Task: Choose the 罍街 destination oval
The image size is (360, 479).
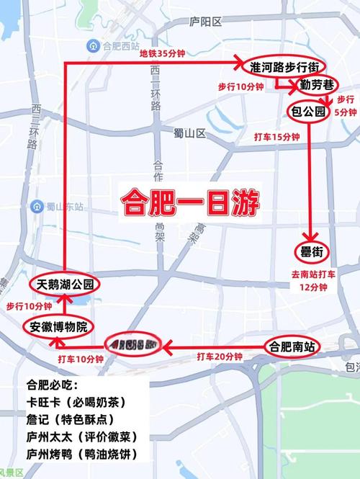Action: click(x=310, y=251)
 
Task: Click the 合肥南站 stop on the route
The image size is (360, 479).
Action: click(x=292, y=346)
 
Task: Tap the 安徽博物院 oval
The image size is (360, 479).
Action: click(x=58, y=327)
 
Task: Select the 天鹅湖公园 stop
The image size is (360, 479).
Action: click(x=65, y=283)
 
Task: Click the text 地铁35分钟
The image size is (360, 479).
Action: click(x=163, y=53)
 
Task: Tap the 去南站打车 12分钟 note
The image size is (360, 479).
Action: click(x=310, y=281)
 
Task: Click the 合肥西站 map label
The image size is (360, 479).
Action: click(x=114, y=46)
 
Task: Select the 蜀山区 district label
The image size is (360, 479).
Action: click(x=190, y=133)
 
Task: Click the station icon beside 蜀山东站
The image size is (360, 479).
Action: click(x=35, y=207)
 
